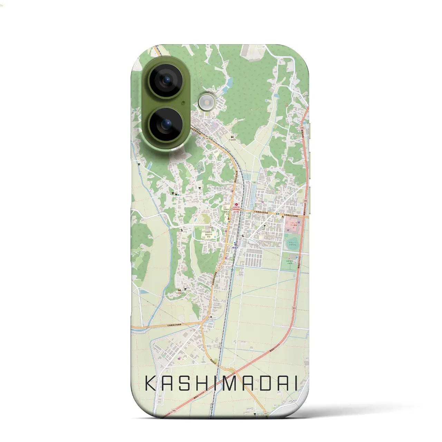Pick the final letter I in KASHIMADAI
pyautogui.click(x=295, y=384)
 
